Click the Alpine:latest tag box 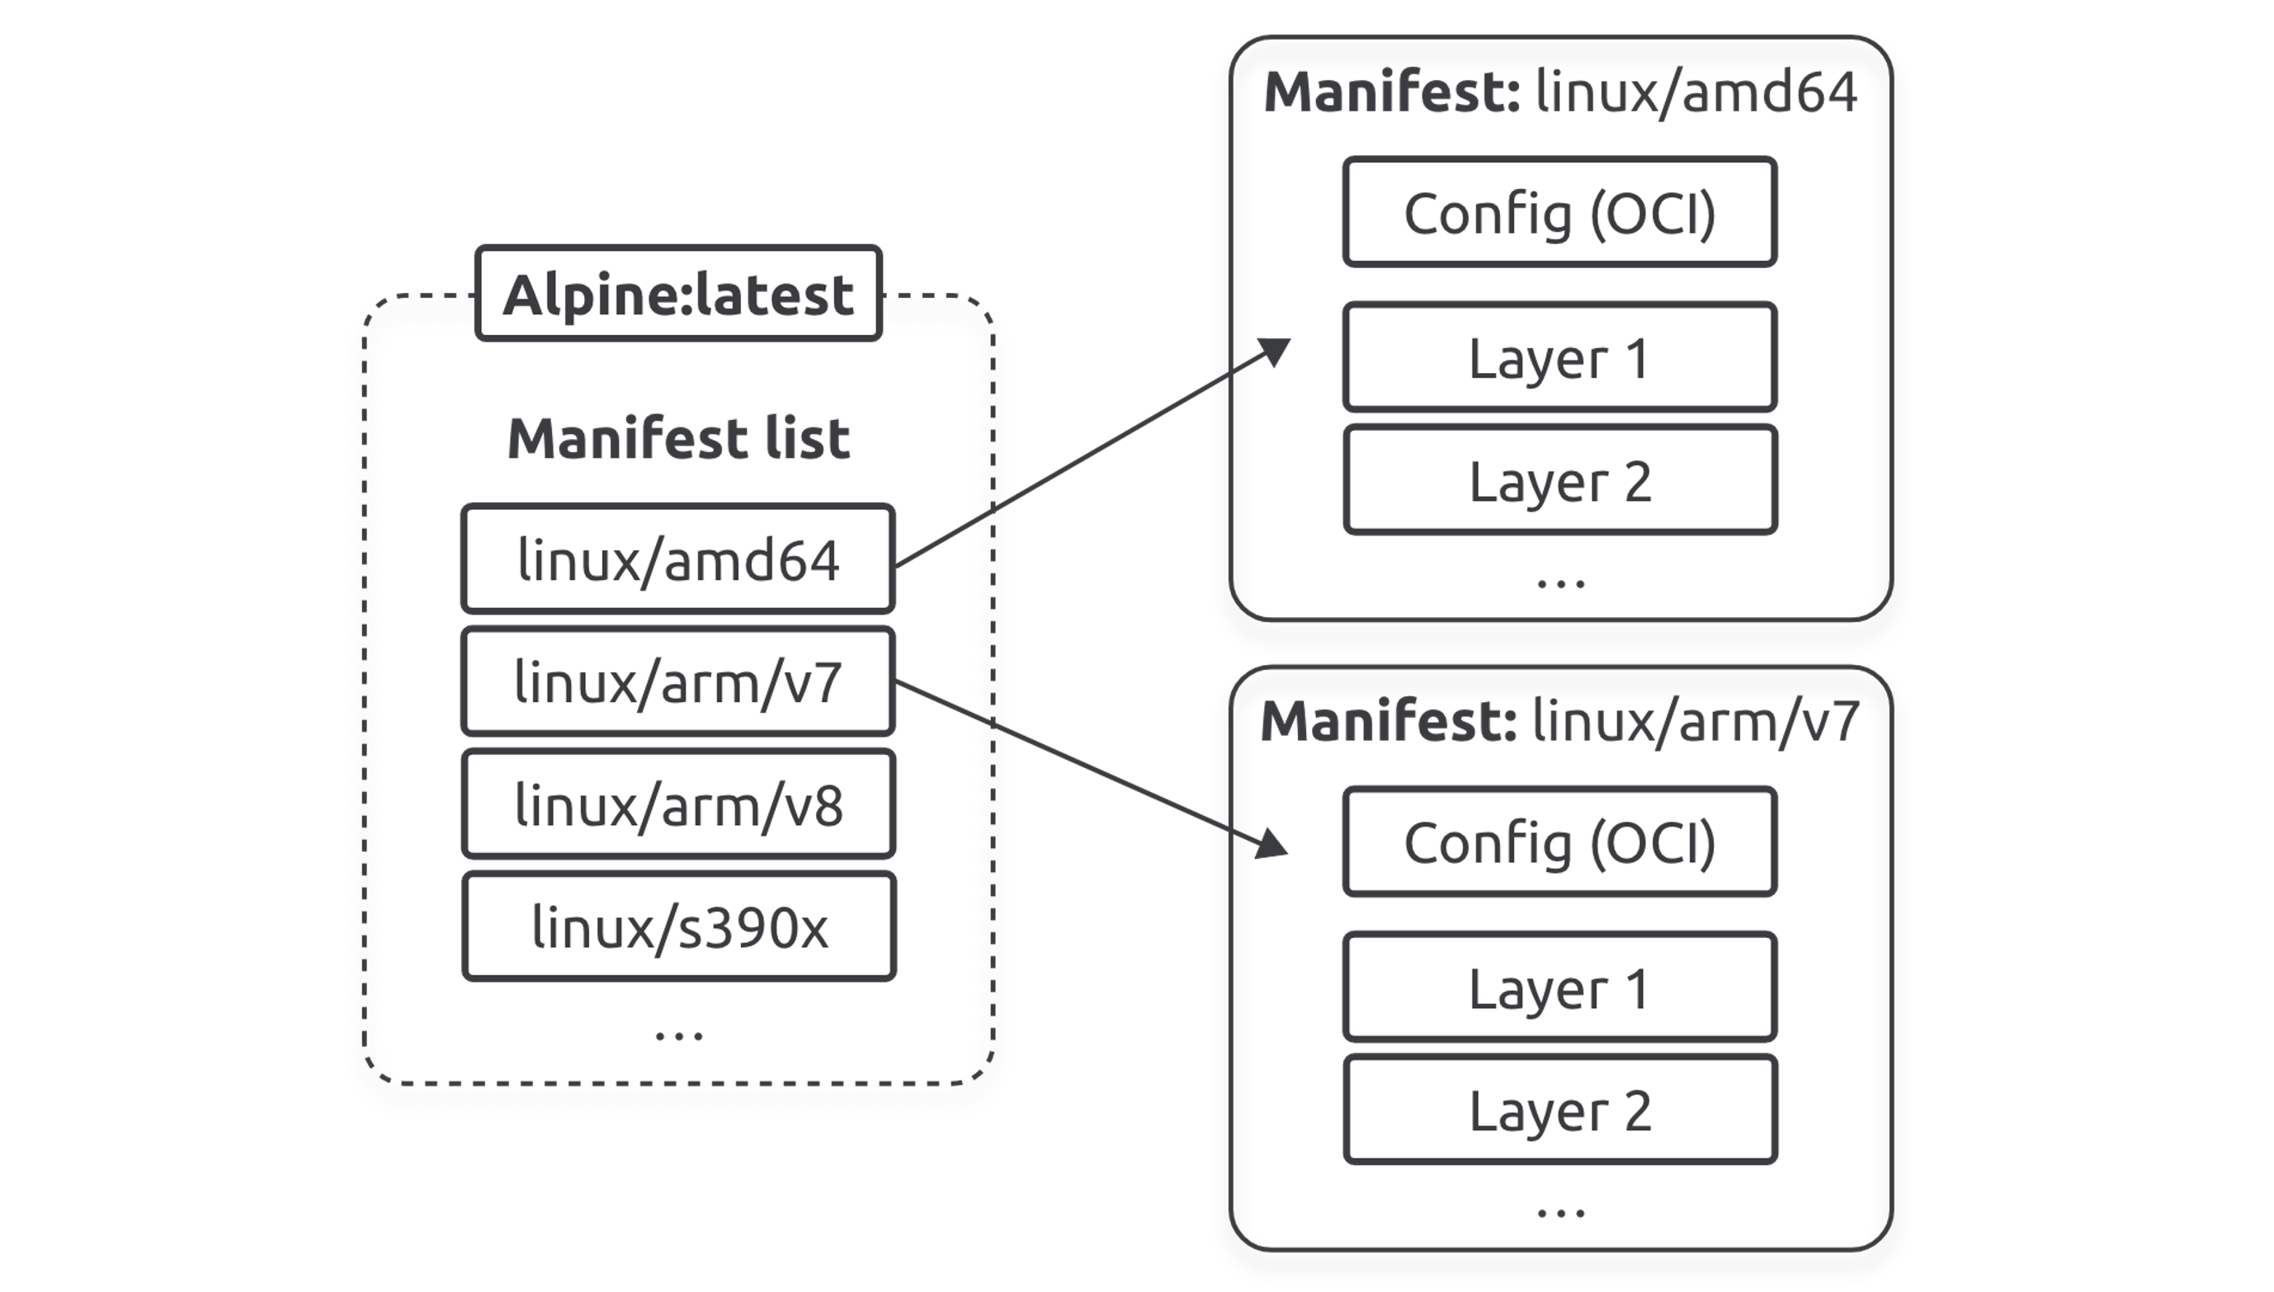(679, 294)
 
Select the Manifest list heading (679, 438)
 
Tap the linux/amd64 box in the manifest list (679, 559)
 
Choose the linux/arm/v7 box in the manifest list (679, 681)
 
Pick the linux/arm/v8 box (679, 804)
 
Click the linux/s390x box (679, 927)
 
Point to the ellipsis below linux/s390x (679, 1035)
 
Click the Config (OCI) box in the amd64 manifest (1559, 212)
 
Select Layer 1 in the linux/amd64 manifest (1559, 357)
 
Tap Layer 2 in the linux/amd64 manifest (1559, 480)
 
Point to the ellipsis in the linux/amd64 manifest (1560, 583)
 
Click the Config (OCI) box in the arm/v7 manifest (1559, 842)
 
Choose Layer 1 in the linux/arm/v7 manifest (1559, 987)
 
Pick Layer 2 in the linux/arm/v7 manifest (1559, 1109)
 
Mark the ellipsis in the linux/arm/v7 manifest (1560, 1212)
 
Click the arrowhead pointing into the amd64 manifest (1275, 351)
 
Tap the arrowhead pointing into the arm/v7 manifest (1272, 844)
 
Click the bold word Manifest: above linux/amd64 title (1392, 92)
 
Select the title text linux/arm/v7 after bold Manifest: (1696, 721)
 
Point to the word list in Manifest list (808, 438)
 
